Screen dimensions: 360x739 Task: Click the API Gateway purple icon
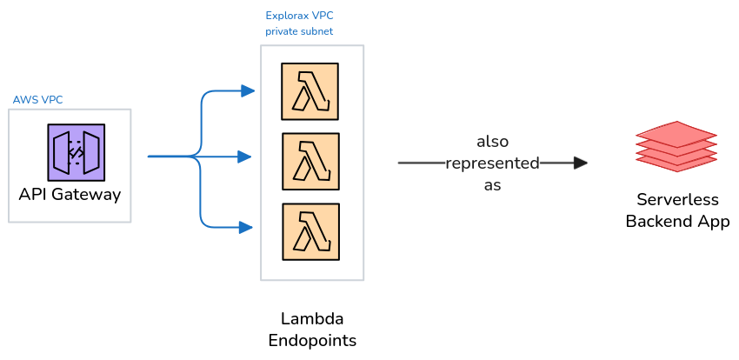[77, 152]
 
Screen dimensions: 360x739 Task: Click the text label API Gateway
[70, 194]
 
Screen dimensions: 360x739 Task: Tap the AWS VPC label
[37, 100]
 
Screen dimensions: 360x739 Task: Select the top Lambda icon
[310, 91]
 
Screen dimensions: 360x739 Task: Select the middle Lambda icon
[310, 161]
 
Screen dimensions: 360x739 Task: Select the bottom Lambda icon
[310, 232]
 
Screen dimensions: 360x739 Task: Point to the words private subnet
[299, 31]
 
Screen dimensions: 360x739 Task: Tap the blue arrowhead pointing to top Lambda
[248, 90]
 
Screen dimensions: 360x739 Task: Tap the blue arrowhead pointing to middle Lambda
[245, 157]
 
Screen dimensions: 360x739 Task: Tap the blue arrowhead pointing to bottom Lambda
[247, 228]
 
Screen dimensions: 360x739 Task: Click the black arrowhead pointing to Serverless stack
[581, 163]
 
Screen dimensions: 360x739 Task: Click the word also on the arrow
[492, 141]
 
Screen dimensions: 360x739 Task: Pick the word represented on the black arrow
[492, 163]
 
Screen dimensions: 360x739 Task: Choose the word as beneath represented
[492, 185]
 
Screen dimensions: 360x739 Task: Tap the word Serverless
[677, 199]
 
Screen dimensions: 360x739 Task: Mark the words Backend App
[677, 221]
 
